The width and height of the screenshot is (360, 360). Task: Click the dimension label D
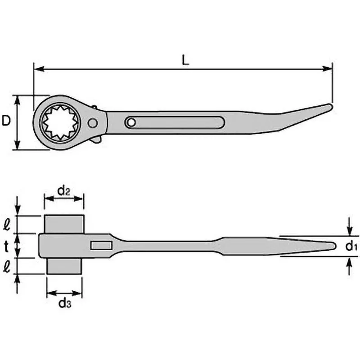tap(6, 121)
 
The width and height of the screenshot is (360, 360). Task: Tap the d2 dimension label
tap(64, 191)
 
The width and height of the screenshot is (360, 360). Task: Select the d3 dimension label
tap(65, 303)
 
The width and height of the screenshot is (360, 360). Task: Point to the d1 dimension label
tap(351, 246)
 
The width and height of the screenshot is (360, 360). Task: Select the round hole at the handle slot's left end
tap(130, 122)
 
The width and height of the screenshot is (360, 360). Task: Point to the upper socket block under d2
tap(64, 224)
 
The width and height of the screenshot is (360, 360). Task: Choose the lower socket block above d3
tap(65, 265)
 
